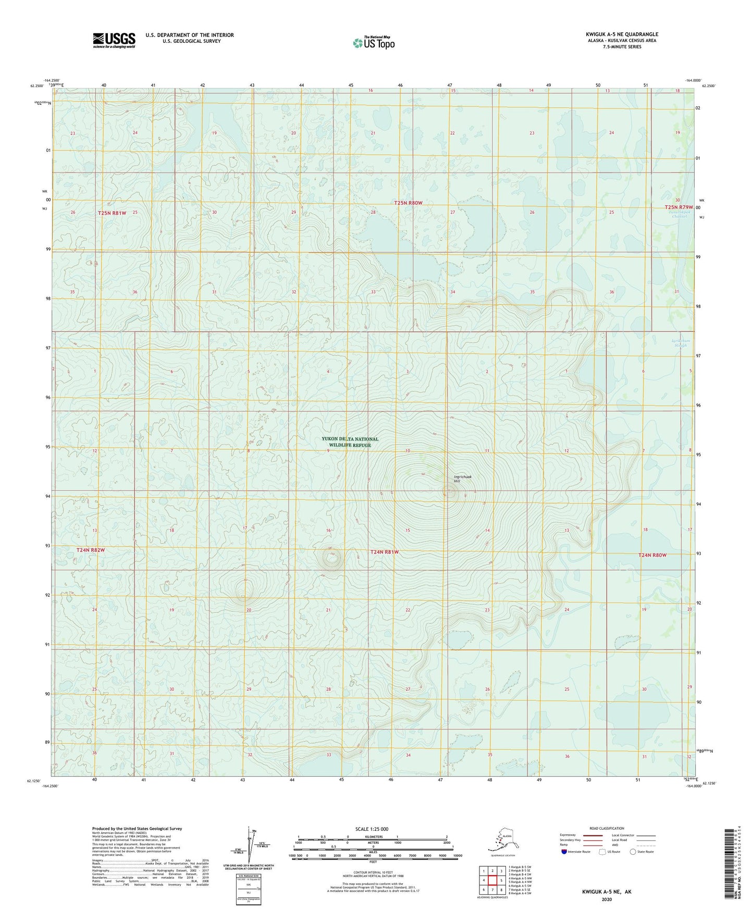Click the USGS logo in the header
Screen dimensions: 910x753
pyautogui.click(x=114, y=40)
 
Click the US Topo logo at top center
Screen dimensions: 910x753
pyautogui.click(x=374, y=42)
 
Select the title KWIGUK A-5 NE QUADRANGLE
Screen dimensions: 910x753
pyautogui.click(x=622, y=34)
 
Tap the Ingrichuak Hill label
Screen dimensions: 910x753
pyautogui.click(x=462, y=478)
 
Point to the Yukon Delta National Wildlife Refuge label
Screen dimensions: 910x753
pyautogui.click(x=350, y=442)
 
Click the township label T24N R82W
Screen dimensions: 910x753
pyautogui.click(x=91, y=550)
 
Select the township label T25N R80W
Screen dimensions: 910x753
pyautogui.click(x=408, y=203)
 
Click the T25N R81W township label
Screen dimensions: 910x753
pyautogui.click(x=112, y=213)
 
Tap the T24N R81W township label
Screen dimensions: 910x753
pyautogui.click(x=384, y=552)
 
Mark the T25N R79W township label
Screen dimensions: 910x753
pyautogui.click(x=679, y=207)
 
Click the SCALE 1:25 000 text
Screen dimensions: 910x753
pyautogui.click(x=372, y=829)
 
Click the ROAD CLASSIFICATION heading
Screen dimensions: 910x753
pyautogui.click(x=607, y=828)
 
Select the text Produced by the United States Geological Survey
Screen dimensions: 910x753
pyautogui.click(x=137, y=828)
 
